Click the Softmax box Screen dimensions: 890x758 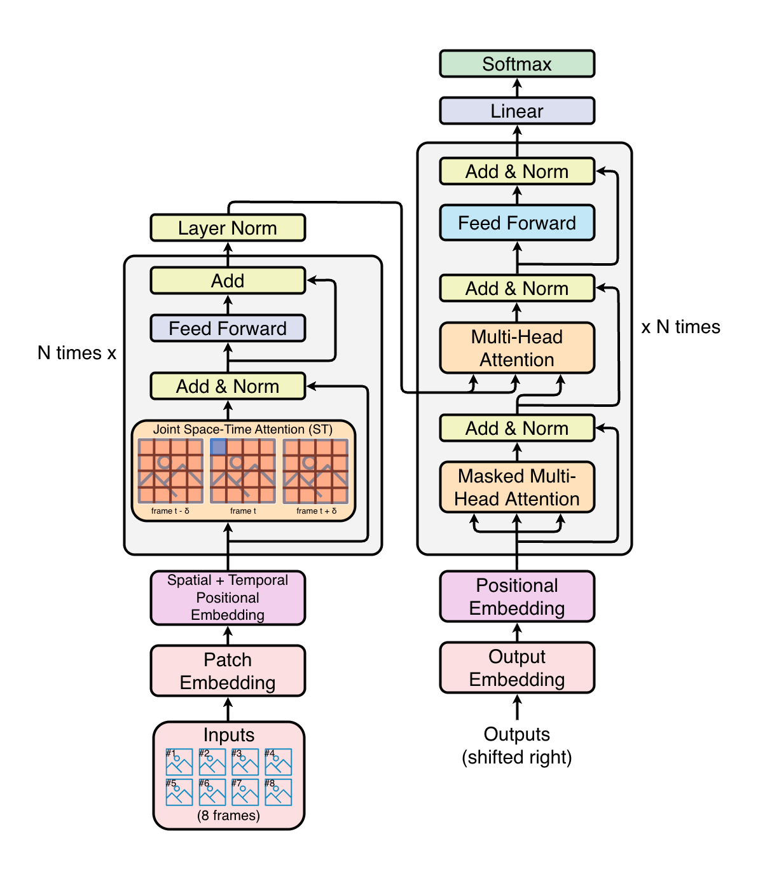pyautogui.click(x=517, y=64)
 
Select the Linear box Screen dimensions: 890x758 pyautogui.click(x=517, y=111)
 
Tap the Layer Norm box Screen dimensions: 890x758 pyautogui.click(x=228, y=228)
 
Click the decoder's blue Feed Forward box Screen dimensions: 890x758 pyautogui.click(x=517, y=223)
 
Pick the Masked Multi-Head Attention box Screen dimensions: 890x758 pyautogui.click(x=517, y=488)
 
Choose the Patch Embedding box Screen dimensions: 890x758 pyautogui.click(x=228, y=671)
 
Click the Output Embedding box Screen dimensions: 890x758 pyautogui.click(x=517, y=668)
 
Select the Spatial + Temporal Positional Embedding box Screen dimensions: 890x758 pyautogui.click(x=228, y=598)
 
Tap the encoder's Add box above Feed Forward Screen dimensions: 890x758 pyautogui.click(x=228, y=281)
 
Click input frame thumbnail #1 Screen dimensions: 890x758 pyautogui.click(x=179, y=762)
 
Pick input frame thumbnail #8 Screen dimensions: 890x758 pyautogui.click(x=279, y=792)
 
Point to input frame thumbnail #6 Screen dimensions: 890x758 pyautogui.click(x=212, y=792)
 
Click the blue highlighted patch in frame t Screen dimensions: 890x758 pyautogui.click(x=218, y=447)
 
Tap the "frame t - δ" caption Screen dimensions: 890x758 pyautogui.click(x=170, y=511)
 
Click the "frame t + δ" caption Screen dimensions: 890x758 pyautogui.click(x=316, y=511)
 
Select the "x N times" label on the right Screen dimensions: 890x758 pyautogui.click(x=680, y=327)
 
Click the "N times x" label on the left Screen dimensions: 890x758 pyautogui.click(x=77, y=353)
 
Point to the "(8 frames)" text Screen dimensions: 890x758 pyautogui.click(x=228, y=816)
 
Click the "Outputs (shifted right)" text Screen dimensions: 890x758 pyautogui.click(x=517, y=746)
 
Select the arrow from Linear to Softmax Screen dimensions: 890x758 pyautogui.click(x=517, y=87)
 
